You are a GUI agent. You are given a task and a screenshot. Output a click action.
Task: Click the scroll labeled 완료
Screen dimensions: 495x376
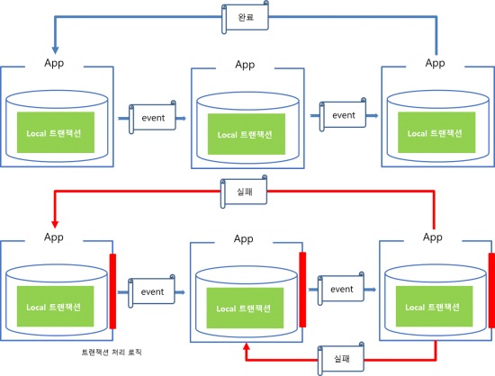tap(246, 17)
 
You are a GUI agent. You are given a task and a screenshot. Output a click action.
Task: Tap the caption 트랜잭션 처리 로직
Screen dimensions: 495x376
tap(112, 352)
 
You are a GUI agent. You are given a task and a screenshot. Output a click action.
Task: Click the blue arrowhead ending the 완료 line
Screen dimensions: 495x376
tap(55, 50)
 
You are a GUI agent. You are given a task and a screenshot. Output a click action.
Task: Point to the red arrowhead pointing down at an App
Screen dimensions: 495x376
tap(55, 224)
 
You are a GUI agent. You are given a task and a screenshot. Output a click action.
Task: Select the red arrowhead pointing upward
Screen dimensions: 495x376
tap(247, 346)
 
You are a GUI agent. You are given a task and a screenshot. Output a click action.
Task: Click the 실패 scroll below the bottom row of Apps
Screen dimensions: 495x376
tap(341, 359)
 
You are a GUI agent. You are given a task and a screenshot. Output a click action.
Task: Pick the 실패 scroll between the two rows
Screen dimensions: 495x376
tap(244, 192)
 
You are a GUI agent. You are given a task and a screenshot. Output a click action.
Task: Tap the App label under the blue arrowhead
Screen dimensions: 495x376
tap(54, 63)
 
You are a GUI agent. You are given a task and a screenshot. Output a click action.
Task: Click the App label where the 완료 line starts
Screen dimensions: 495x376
tap(435, 63)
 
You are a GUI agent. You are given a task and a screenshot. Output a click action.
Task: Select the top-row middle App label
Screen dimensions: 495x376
tap(245, 65)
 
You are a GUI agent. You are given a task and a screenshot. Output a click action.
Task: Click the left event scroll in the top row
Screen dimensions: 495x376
tap(152, 117)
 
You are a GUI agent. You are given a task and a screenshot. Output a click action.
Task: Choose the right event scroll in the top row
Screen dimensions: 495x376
tap(343, 115)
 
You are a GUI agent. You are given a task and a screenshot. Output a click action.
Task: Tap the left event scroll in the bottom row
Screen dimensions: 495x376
tap(152, 291)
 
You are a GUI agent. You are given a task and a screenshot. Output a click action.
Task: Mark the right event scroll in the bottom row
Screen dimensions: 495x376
tap(341, 289)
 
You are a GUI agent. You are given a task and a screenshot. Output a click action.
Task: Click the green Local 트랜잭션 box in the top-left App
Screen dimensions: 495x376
tap(56, 132)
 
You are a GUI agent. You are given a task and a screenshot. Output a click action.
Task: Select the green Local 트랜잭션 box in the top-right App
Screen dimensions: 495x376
tap(436, 132)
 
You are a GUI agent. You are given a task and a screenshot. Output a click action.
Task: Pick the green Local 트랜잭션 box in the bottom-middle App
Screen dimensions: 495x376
tap(245, 309)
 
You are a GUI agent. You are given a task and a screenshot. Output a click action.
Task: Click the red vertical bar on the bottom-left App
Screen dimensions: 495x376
tap(112, 291)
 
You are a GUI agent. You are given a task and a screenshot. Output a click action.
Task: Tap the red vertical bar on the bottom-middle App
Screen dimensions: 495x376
tap(302, 290)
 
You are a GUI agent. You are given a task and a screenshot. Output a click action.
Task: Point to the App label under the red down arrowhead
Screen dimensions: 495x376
tap(54, 237)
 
